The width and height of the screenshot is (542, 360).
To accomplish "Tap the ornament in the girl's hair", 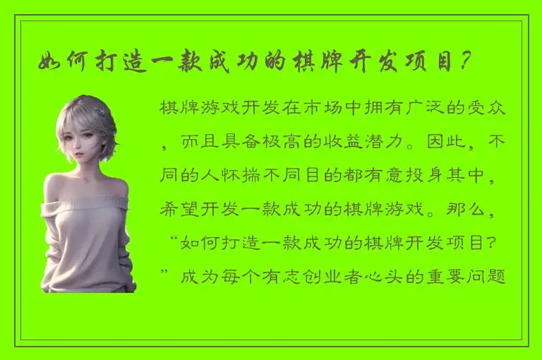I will pos(104,112).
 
